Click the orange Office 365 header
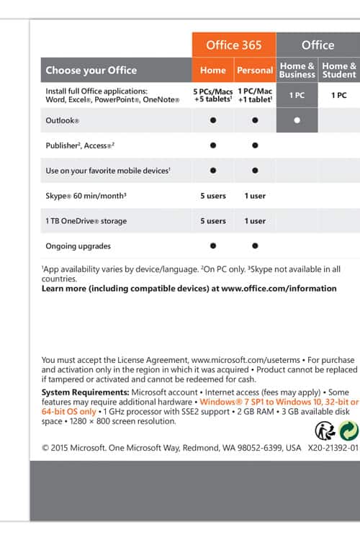[x=234, y=45]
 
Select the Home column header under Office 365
[x=213, y=70]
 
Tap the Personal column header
[x=255, y=70]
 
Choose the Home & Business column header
[x=297, y=70]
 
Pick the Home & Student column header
[x=339, y=70]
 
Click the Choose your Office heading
[x=91, y=71]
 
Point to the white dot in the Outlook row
[x=297, y=120]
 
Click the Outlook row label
[x=63, y=120]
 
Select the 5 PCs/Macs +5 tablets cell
[x=213, y=95]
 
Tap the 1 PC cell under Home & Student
[x=339, y=95]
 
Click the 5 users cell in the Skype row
[x=213, y=196]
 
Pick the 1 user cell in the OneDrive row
[x=255, y=221]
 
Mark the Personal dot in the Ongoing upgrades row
[x=255, y=246]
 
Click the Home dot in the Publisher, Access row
[x=213, y=145]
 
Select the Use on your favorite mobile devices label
[x=108, y=171]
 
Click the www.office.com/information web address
[x=279, y=288]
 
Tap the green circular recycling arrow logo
[x=349, y=431]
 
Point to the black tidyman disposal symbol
[x=325, y=431]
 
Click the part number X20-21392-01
[x=333, y=448]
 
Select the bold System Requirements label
[x=86, y=392]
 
